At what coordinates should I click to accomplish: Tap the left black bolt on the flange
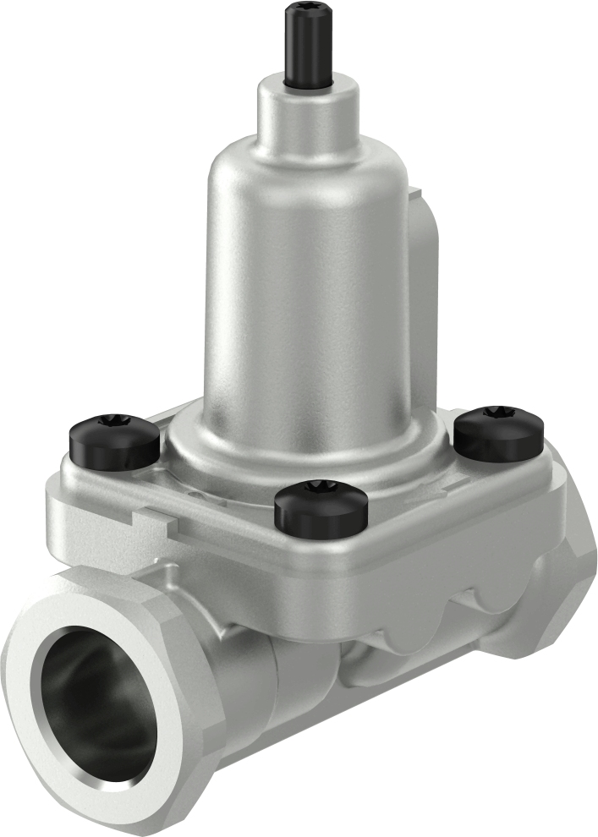click(113, 437)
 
